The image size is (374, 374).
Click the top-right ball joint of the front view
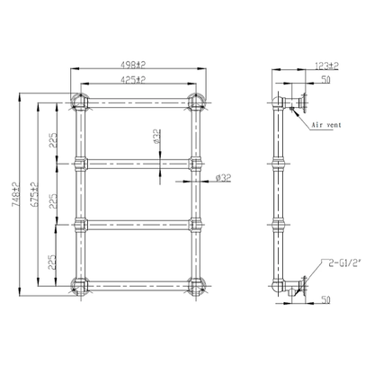click(x=194, y=99)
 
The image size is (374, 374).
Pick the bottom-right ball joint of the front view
click(x=194, y=286)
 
